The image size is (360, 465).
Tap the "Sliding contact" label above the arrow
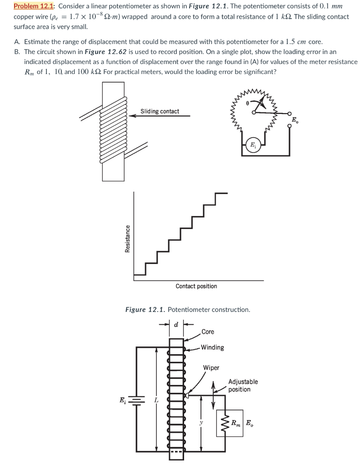[x=160, y=111]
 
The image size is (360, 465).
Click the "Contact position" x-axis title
[x=196, y=286]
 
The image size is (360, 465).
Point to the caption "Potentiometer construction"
[x=209, y=310]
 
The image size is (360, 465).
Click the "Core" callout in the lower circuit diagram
[x=208, y=332]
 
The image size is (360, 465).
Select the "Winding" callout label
[x=212, y=347]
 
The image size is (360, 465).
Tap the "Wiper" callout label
[x=211, y=367]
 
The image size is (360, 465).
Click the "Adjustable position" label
[x=242, y=386]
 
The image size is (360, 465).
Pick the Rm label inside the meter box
[x=235, y=423]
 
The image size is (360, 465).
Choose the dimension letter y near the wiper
[x=200, y=422]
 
